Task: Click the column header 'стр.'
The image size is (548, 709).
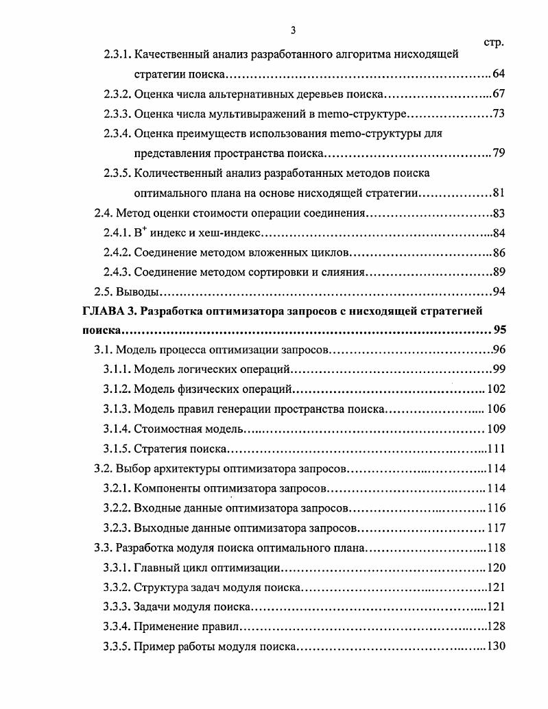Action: tap(494, 43)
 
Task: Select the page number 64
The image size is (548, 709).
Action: tap(499, 74)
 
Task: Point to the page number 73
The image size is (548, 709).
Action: tap(499, 114)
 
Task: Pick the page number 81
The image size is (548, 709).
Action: tap(499, 193)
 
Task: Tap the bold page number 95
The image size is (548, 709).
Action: tap(499, 331)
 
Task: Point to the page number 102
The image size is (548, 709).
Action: tap(496, 389)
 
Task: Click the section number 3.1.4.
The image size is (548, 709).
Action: tap(117, 429)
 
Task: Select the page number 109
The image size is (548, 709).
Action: tap(496, 429)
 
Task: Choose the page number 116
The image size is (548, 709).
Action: tap(496, 508)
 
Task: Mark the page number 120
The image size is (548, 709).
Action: tap(496, 567)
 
